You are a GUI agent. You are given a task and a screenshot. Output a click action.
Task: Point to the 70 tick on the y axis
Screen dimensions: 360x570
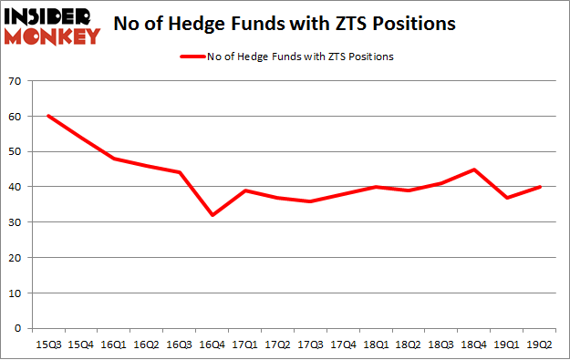[x=14, y=82]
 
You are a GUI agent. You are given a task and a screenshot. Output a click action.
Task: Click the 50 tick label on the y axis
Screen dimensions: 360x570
[x=14, y=152]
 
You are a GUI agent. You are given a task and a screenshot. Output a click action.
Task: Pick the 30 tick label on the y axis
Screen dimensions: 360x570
[x=14, y=222]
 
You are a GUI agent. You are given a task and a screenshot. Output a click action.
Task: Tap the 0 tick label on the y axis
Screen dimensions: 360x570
[x=17, y=328]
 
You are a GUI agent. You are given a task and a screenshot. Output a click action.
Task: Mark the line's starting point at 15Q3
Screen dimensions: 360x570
[x=47, y=117]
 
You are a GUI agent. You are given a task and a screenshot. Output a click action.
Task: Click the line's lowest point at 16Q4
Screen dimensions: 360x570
[x=212, y=215]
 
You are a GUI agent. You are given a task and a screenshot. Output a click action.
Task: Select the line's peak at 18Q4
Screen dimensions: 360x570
[x=474, y=170]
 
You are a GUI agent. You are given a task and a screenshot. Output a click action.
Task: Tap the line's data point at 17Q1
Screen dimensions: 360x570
[x=244, y=190]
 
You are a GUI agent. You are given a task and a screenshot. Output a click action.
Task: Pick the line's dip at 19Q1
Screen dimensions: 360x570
[x=507, y=198]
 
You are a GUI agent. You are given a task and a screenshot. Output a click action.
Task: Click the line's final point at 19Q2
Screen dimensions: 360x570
[x=540, y=187]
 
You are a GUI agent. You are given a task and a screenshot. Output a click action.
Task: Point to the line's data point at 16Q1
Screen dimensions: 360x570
[x=113, y=159]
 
